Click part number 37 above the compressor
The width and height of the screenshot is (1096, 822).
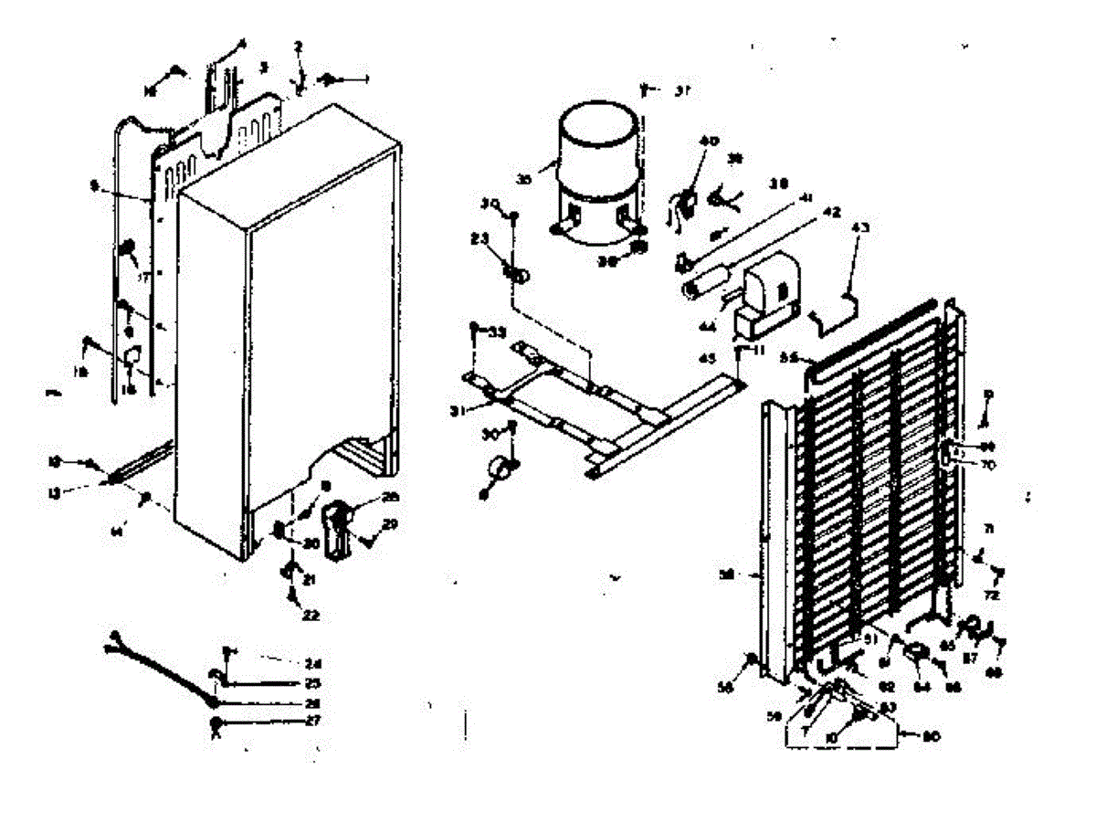point(682,90)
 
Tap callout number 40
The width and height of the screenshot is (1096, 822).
point(710,142)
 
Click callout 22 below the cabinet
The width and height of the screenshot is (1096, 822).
point(311,615)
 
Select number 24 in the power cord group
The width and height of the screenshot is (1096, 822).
point(313,663)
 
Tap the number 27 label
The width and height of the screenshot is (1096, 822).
point(313,720)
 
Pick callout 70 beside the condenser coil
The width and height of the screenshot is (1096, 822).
point(985,464)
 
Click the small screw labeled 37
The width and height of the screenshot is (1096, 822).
point(647,90)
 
